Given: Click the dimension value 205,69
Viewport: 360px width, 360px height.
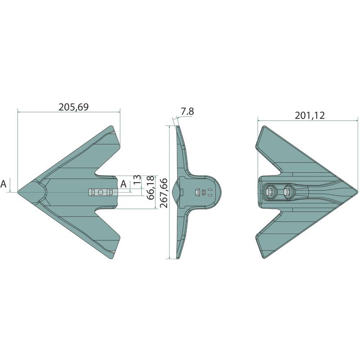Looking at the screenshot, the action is click(x=73, y=107).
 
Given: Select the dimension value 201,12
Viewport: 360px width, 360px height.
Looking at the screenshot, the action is click(x=310, y=115).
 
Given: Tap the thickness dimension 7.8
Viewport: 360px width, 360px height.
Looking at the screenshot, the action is click(x=187, y=111).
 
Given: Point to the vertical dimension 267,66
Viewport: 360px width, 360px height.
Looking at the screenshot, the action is click(x=164, y=193).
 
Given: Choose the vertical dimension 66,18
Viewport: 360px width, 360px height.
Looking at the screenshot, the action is click(x=151, y=188).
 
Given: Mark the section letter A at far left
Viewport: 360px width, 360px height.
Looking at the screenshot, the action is click(x=4, y=184).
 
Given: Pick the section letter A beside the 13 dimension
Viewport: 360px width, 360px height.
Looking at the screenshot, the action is click(x=123, y=184).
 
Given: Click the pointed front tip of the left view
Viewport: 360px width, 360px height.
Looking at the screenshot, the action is click(x=18, y=192).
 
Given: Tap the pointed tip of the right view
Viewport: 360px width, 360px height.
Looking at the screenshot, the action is click(x=357, y=191).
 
